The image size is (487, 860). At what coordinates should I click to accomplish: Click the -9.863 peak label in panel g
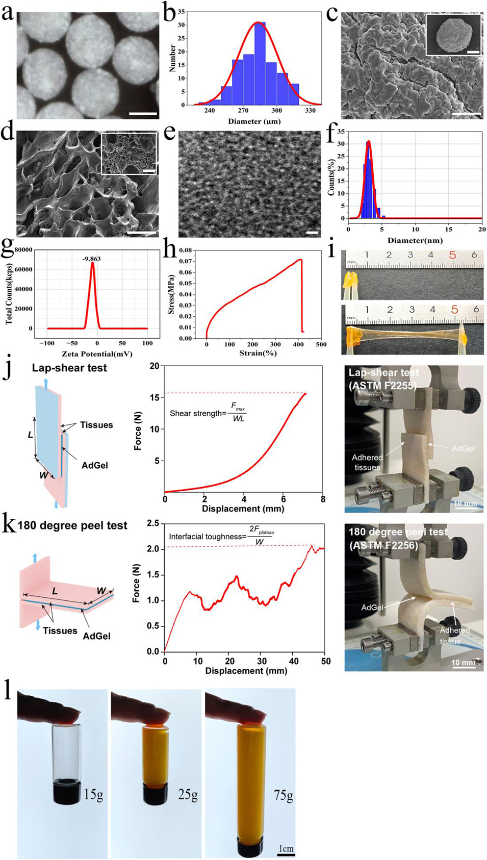click(x=92, y=259)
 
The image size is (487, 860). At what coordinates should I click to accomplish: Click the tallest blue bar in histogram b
click(x=260, y=63)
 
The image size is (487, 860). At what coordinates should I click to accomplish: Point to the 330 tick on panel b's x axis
click(x=310, y=111)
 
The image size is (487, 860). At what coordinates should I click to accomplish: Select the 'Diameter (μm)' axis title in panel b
click(x=254, y=121)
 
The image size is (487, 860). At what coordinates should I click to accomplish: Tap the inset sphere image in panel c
click(x=453, y=35)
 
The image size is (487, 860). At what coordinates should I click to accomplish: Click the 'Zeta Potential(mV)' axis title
click(x=97, y=353)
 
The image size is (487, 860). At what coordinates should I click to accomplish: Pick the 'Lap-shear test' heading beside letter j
click(x=69, y=368)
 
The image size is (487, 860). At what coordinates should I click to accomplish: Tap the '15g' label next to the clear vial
click(x=94, y=794)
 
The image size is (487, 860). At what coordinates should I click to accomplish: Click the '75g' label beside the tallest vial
click(x=284, y=795)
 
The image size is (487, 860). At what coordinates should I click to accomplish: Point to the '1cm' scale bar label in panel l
click(x=286, y=848)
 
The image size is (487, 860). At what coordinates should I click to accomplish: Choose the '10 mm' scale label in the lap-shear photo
click(x=465, y=503)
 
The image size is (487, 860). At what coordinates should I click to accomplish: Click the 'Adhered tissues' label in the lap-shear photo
click(x=367, y=462)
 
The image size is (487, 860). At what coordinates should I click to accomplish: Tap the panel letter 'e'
click(x=170, y=133)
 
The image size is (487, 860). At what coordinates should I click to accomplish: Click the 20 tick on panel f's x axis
click(x=482, y=230)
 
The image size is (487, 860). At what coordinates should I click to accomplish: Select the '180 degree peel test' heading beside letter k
click(x=72, y=525)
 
